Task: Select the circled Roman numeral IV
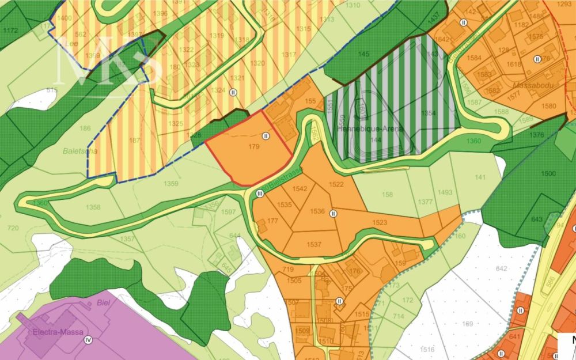(x=88, y=340)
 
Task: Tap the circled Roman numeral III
(x=260, y=194)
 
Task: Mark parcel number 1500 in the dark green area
(x=549, y=173)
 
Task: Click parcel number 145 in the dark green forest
(x=363, y=54)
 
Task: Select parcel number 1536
(x=317, y=211)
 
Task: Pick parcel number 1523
(x=380, y=222)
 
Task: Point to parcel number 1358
(x=93, y=207)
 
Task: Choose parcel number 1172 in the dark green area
(x=10, y=29)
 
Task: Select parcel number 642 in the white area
(x=501, y=268)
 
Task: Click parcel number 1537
(x=314, y=244)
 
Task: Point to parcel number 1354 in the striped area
(x=428, y=113)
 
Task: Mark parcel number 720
(x=12, y=229)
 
